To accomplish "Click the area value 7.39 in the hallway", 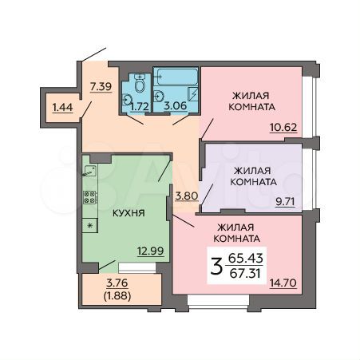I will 101,85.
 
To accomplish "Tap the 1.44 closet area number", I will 61,106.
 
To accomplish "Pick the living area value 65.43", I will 244,258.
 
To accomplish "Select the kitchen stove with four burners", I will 90,197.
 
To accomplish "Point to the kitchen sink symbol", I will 90,170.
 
